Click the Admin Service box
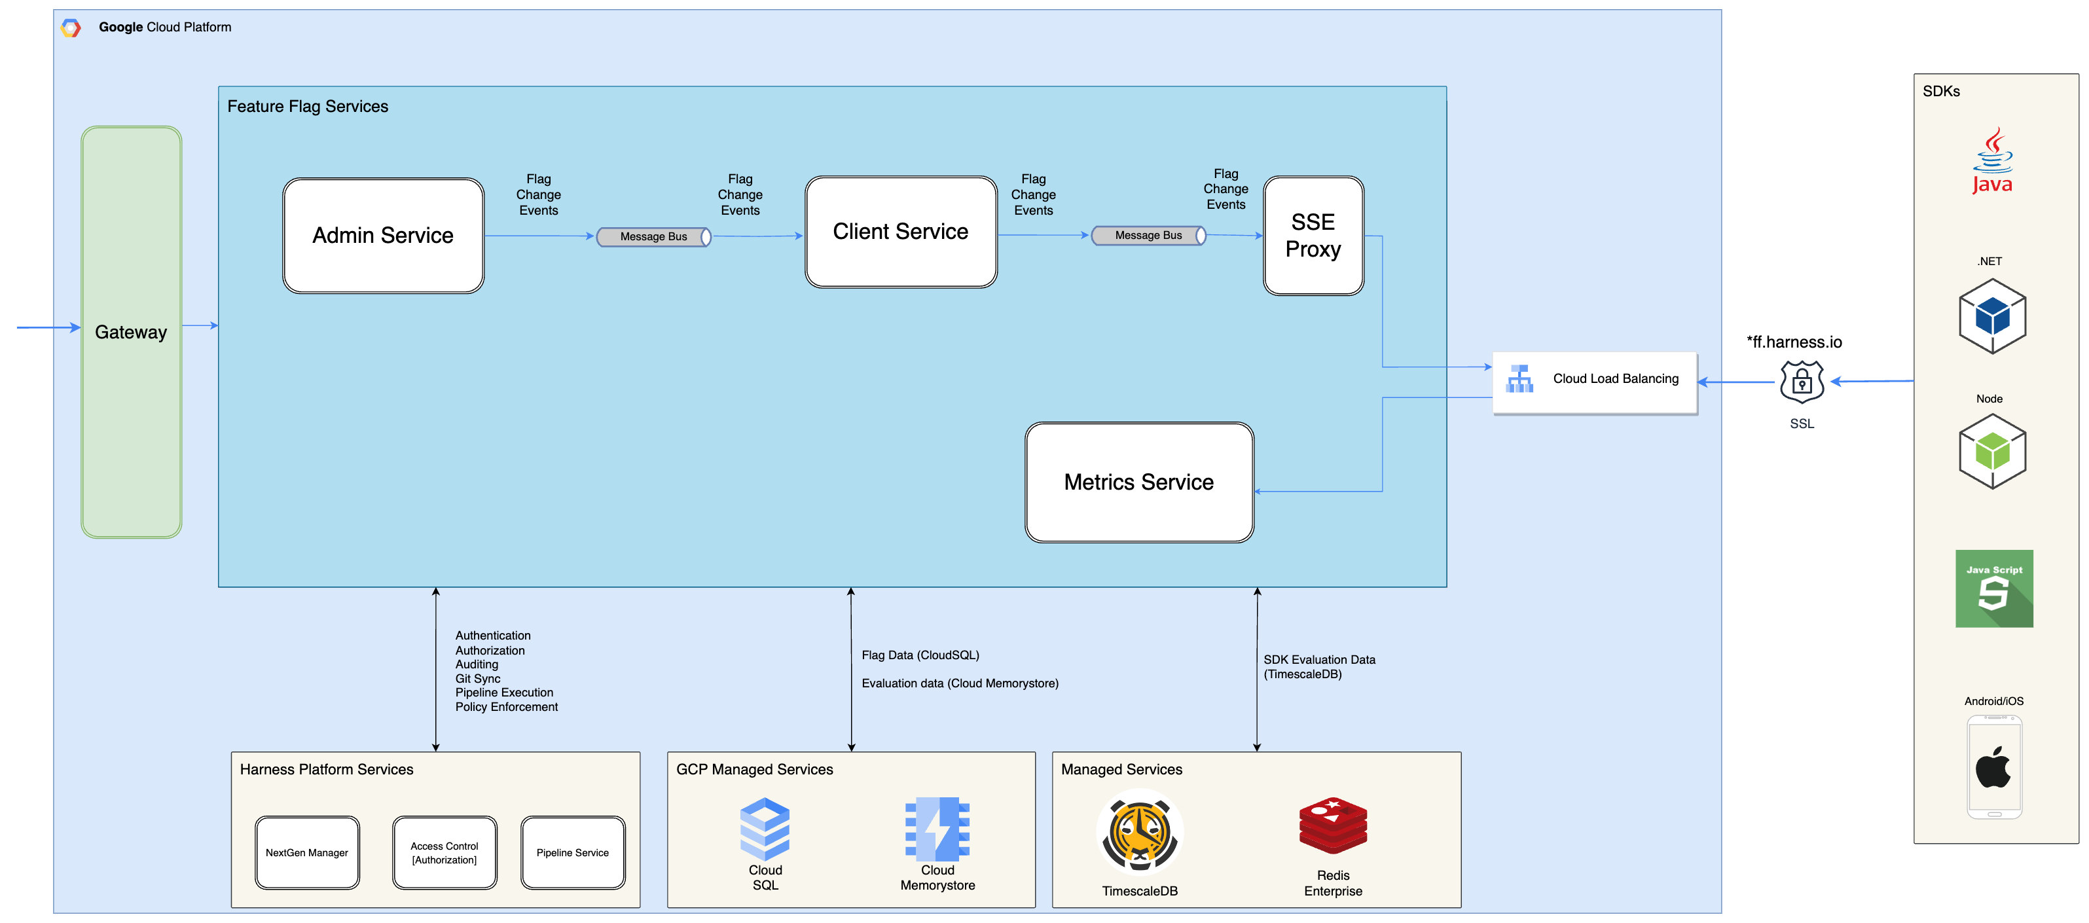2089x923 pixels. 383,235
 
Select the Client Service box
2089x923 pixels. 900,232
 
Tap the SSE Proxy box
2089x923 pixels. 1313,235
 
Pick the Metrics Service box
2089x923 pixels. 1138,482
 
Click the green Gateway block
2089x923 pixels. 132,332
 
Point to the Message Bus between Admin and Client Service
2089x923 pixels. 653,237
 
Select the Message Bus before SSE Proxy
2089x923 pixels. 1148,235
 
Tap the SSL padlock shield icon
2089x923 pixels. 1801,381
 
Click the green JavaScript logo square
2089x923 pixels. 1993,588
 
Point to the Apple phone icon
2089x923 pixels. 1993,767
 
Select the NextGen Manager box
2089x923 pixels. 306,852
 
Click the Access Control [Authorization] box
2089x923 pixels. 445,852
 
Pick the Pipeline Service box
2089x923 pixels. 573,852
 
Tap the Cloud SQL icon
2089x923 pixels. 765,828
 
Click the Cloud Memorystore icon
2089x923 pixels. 937,828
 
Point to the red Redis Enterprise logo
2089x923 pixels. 1332,825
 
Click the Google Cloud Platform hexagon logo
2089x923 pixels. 71,27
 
